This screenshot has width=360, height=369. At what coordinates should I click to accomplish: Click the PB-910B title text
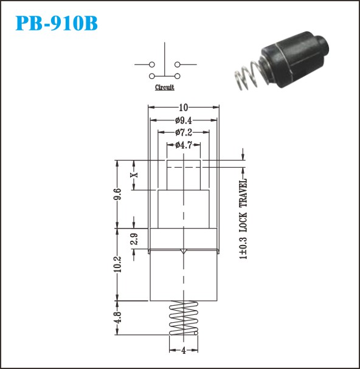pyautogui.click(x=57, y=23)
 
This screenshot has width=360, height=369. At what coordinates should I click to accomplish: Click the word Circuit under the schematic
pyautogui.click(x=165, y=88)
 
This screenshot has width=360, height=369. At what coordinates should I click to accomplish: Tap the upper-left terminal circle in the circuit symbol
pyautogui.click(x=152, y=64)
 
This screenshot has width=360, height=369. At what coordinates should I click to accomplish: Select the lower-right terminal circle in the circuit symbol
pyautogui.click(x=178, y=76)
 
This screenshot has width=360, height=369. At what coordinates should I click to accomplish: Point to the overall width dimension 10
pyautogui.click(x=184, y=108)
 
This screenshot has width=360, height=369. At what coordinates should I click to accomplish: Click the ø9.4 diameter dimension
pyautogui.click(x=184, y=120)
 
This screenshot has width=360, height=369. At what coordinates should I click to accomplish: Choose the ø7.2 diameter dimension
pyautogui.click(x=184, y=133)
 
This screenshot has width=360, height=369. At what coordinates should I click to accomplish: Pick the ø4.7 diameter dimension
pyautogui.click(x=184, y=145)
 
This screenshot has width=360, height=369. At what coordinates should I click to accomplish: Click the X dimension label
pyautogui.click(x=134, y=175)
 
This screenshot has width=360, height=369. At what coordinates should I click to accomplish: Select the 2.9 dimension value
pyautogui.click(x=134, y=239)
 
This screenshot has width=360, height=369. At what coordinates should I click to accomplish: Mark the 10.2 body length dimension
pyautogui.click(x=117, y=264)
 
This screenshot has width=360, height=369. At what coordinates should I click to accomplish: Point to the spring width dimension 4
pyautogui.click(x=184, y=351)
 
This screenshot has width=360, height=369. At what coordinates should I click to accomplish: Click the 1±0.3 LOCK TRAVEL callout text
pyautogui.click(x=243, y=219)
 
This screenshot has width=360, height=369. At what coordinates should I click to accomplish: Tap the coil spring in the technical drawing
pyautogui.click(x=184, y=318)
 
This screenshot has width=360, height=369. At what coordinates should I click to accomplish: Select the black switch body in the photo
pyautogui.click(x=296, y=60)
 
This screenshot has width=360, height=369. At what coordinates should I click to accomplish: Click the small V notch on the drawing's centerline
pyautogui.click(x=184, y=252)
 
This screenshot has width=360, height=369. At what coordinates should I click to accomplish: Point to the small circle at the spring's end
pyautogui.click(x=196, y=333)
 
